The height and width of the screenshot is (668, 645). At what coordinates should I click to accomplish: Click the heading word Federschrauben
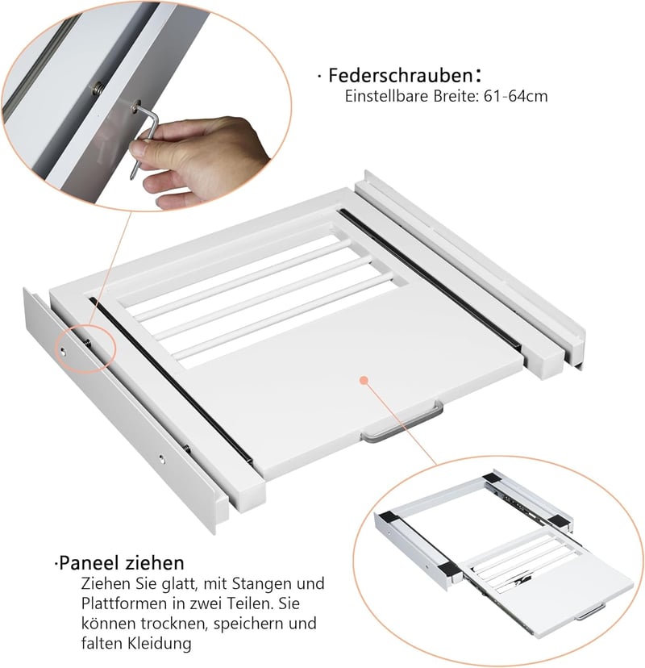click(401, 75)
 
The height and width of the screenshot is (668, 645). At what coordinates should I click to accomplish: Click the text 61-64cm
click(515, 96)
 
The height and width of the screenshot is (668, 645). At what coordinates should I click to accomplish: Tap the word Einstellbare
click(387, 96)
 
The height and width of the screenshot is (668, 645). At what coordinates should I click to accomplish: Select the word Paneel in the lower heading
click(88, 563)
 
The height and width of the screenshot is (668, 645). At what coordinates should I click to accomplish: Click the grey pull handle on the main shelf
click(402, 424)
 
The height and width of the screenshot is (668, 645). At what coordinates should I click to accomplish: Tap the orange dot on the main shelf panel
click(363, 380)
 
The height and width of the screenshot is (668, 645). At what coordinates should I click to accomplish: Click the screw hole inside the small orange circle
click(63, 351)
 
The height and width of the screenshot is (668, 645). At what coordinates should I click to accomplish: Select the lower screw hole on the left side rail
click(162, 459)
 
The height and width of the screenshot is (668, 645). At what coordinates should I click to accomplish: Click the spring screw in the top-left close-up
click(98, 89)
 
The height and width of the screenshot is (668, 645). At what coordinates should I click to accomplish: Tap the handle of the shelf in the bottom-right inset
click(590, 612)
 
